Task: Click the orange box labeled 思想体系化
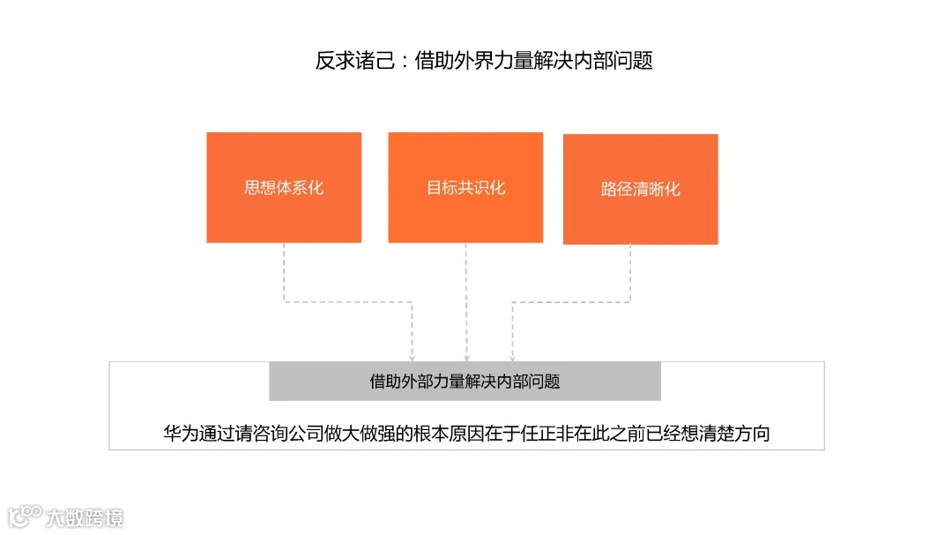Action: tap(284, 188)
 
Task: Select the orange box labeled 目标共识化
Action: tap(465, 188)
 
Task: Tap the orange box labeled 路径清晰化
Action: tap(641, 189)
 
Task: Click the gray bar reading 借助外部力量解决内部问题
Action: tap(465, 382)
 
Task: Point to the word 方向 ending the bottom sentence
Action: tap(755, 434)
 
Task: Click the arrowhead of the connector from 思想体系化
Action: tap(413, 357)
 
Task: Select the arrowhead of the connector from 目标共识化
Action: tap(466, 357)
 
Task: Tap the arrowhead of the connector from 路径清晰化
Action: tap(512, 357)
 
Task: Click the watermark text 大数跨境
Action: tap(86, 516)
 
